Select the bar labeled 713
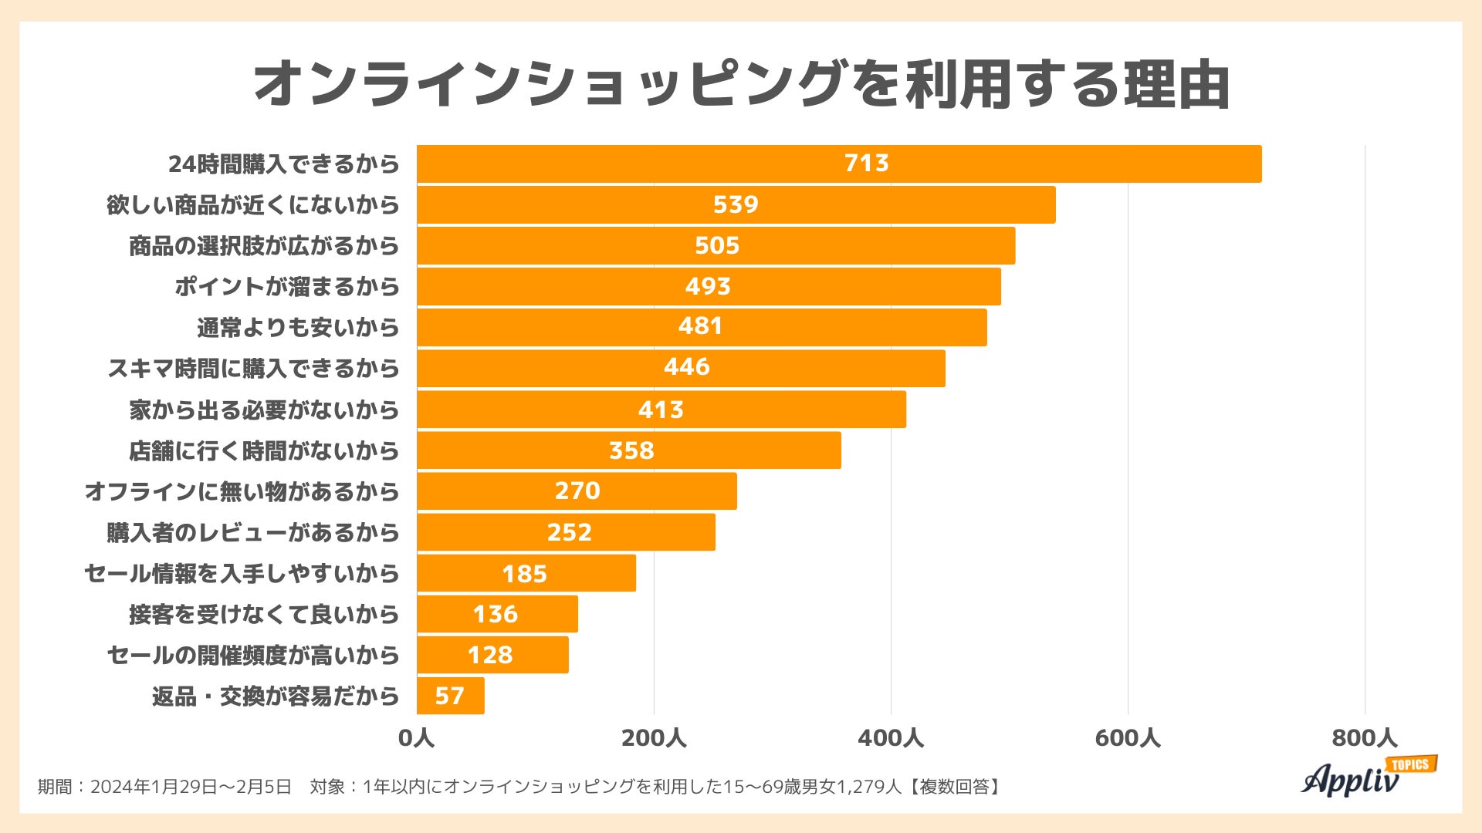coord(839,164)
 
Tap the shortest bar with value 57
coord(451,696)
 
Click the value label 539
coord(736,204)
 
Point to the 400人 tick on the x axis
coord(891,738)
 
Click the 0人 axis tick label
coord(417,738)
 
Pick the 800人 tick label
coord(1364,738)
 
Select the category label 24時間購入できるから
coord(284,164)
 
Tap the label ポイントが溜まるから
coord(287,286)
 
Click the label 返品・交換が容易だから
coord(276,696)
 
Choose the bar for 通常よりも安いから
coord(702,327)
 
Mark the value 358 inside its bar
coord(631,450)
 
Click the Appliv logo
coord(1351,779)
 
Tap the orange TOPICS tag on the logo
coord(1411,764)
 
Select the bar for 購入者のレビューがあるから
coord(566,532)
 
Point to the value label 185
coord(524,574)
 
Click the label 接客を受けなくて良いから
coord(264,614)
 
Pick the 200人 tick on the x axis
coord(654,738)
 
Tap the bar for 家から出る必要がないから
coord(661,410)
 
